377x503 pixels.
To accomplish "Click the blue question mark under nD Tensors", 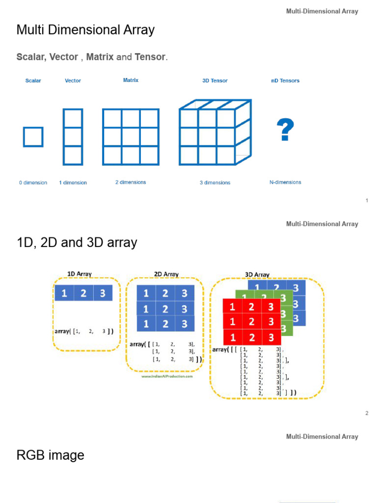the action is pyautogui.click(x=285, y=130).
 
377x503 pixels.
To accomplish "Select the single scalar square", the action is pyautogui.click(x=33, y=137).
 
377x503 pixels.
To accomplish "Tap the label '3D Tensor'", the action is pyautogui.click(x=215, y=81).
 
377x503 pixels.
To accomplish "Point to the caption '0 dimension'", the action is pyautogui.click(x=33, y=183).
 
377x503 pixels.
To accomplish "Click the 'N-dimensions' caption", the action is pyautogui.click(x=285, y=182).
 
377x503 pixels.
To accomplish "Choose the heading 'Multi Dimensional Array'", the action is pyautogui.click(x=85, y=30).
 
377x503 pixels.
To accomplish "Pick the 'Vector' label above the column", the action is pyautogui.click(x=73, y=81).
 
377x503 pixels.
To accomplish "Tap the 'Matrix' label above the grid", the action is pyautogui.click(x=131, y=80).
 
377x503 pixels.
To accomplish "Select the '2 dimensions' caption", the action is pyautogui.click(x=131, y=182).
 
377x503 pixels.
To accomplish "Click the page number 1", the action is pyautogui.click(x=367, y=200).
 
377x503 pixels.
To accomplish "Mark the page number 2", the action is pyautogui.click(x=367, y=413).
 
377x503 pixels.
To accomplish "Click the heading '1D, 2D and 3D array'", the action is pyautogui.click(x=77, y=243).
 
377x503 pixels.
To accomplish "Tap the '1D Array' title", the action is pyautogui.click(x=79, y=274).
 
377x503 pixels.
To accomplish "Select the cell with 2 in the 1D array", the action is pyautogui.click(x=83, y=293).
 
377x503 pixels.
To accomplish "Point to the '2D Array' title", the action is pyautogui.click(x=166, y=274).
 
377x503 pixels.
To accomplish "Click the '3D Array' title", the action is pyautogui.click(x=257, y=275).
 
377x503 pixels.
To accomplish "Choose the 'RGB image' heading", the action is pyautogui.click(x=50, y=455).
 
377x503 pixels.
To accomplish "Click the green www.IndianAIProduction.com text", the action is pyautogui.click(x=167, y=376).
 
